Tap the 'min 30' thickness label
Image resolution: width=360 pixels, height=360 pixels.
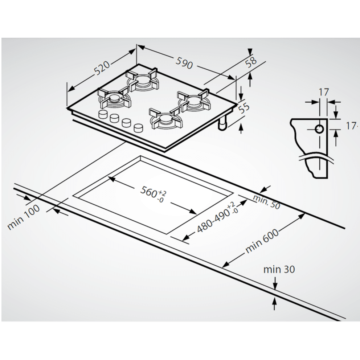[x=279, y=269]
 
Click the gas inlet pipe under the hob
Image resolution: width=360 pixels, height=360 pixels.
[x=222, y=124]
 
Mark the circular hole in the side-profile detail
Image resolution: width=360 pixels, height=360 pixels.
[x=319, y=129]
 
